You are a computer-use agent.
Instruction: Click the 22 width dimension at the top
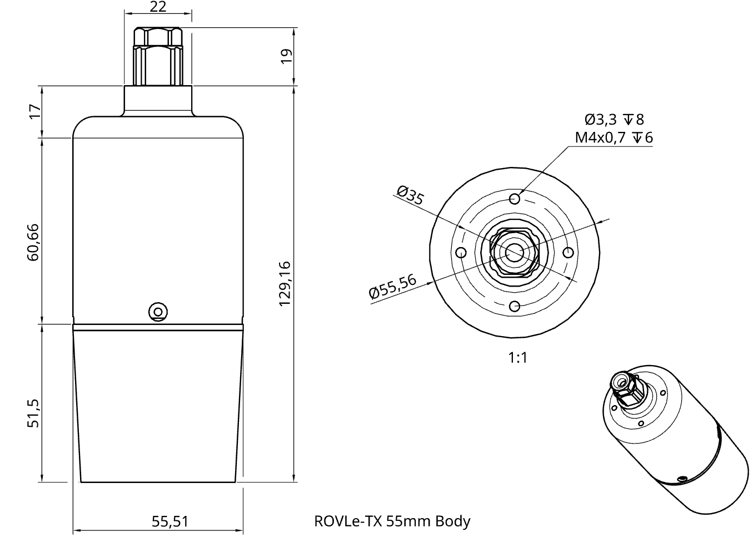click(x=158, y=7)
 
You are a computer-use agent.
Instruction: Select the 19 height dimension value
click(x=286, y=56)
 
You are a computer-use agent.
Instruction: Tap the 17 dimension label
click(x=35, y=111)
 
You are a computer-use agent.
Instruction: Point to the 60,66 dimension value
click(x=33, y=242)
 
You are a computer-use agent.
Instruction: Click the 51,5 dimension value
click(x=33, y=413)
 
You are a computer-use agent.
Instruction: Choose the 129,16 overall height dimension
click(x=285, y=283)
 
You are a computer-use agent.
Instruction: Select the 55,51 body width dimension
click(x=170, y=521)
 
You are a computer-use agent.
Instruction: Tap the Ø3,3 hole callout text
click(x=600, y=119)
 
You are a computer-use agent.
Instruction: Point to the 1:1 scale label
click(x=517, y=358)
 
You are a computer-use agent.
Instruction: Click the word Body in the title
click(x=452, y=521)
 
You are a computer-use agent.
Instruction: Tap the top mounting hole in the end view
click(x=515, y=199)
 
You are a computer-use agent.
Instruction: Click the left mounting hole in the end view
click(x=461, y=253)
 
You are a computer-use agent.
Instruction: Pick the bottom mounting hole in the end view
click(x=515, y=306)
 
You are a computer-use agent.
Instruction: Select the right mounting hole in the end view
click(x=568, y=253)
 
